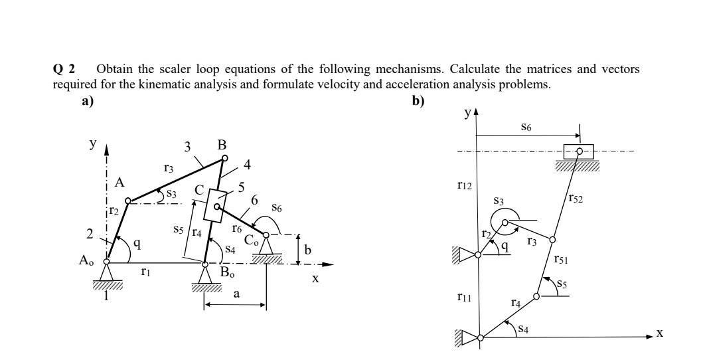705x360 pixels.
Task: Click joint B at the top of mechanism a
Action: pyautogui.click(x=224, y=158)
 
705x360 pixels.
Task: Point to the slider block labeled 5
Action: pyautogui.click(x=215, y=205)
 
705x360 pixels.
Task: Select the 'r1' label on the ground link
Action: pyautogui.click(x=145, y=271)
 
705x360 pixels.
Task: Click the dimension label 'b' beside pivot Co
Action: pyautogui.click(x=307, y=249)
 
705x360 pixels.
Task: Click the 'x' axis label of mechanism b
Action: pyautogui.click(x=659, y=333)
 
